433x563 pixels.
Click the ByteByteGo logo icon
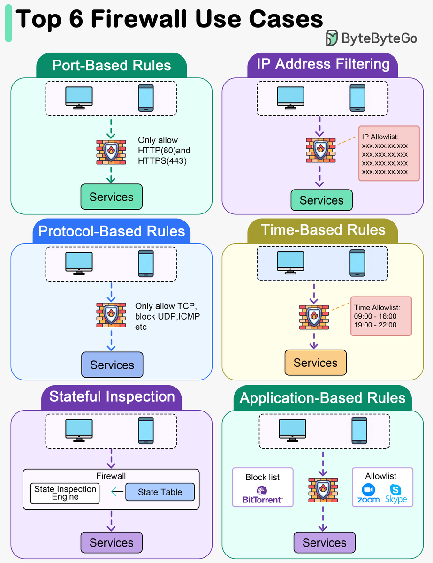(332, 38)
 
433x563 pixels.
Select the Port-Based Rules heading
(112, 65)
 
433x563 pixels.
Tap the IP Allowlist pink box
(389, 153)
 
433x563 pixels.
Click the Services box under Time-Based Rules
(315, 363)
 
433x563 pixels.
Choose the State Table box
(160, 492)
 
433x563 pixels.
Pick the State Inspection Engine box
(65, 493)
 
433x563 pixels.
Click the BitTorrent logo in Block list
(262, 495)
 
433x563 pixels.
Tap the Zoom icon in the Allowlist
(368, 494)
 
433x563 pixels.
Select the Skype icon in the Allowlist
(396, 494)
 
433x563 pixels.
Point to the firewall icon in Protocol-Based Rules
(111, 314)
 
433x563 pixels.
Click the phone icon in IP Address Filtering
(357, 98)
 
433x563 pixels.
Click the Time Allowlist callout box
(381, 316)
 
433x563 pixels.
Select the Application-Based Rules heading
(322, 398)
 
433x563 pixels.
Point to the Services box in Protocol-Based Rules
(112, 365)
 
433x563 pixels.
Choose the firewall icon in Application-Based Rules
(323, 490)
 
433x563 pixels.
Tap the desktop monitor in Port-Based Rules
(79, 98)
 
